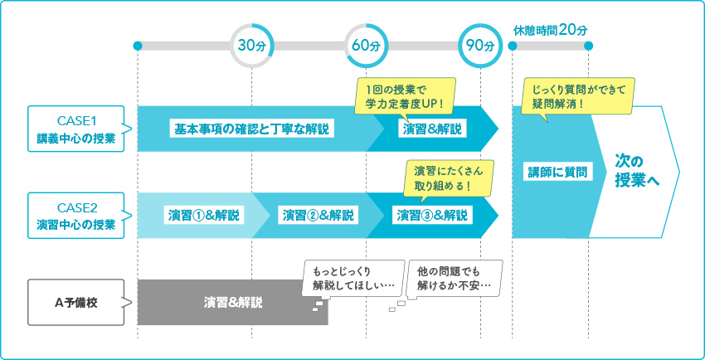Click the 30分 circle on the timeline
tap(251, 45)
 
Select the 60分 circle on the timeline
tap(366, 45)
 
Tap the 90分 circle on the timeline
tap(480, 45)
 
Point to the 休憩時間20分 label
tap(550, 29)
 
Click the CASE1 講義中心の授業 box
tap(75, 129)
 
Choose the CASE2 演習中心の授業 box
tap(75, 216)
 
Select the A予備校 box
tap(75, 302)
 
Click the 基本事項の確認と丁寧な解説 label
tap(251, 129)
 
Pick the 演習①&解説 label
tap(203, 216)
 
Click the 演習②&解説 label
tap(318, 216)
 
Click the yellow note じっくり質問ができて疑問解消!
tap(578, 96)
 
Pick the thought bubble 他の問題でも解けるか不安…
tap(455, 279)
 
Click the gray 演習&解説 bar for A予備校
tap(233, 302)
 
